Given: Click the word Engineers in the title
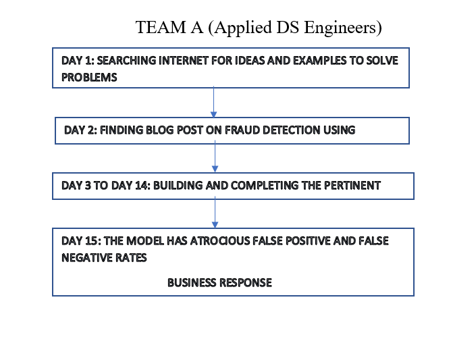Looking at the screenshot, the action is tap(343, 28).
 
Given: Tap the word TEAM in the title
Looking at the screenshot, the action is tap(161, 27).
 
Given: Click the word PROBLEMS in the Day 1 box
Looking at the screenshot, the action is tap(89, 78).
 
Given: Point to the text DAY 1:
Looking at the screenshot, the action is tap(78, 61).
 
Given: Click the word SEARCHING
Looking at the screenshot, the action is tap(126, 61).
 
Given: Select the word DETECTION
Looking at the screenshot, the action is tap(292, 130).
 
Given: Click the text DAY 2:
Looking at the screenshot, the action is tap(81, 130).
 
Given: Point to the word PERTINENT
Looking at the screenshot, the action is tap(352, 185).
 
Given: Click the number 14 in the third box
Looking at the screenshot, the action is tap(142, 185).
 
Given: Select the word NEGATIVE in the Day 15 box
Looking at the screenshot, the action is tap(87, 258).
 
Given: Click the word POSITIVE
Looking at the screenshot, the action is tap(308, 241).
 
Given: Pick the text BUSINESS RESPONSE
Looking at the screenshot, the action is tap(219, 283).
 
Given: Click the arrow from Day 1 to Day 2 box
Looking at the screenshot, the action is tap(214, 103).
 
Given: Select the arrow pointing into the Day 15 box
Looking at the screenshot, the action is tap(215, 212).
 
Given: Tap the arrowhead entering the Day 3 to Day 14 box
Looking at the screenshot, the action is tap(215, 170).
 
